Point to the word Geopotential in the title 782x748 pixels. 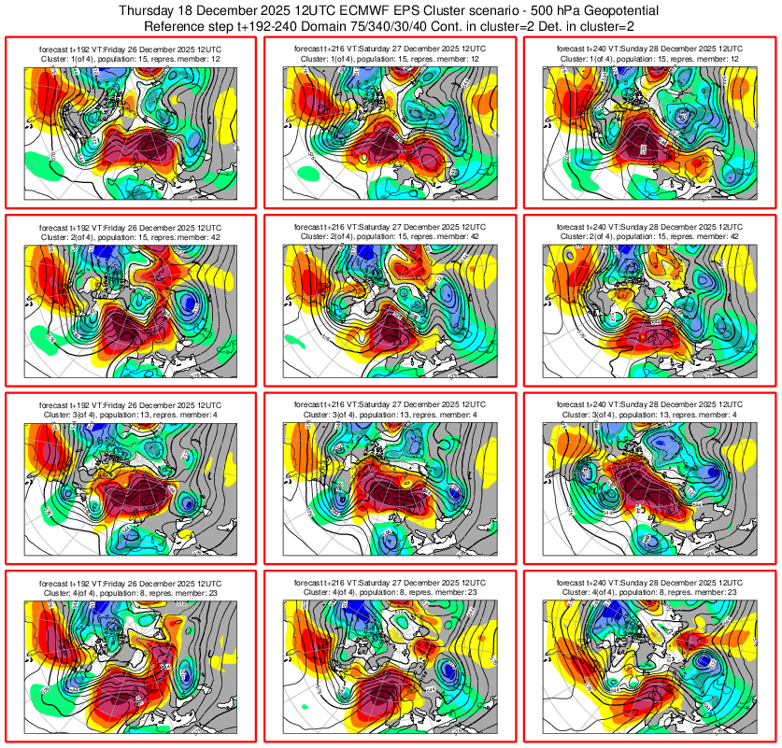[x=608, y=9]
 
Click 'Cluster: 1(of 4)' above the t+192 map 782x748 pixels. [x=75, y=58]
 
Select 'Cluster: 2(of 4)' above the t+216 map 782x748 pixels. [x=334, y=236]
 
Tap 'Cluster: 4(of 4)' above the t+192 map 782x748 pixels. [x=75, y=592]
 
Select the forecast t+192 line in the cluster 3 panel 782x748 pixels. [x=131, y=404]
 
